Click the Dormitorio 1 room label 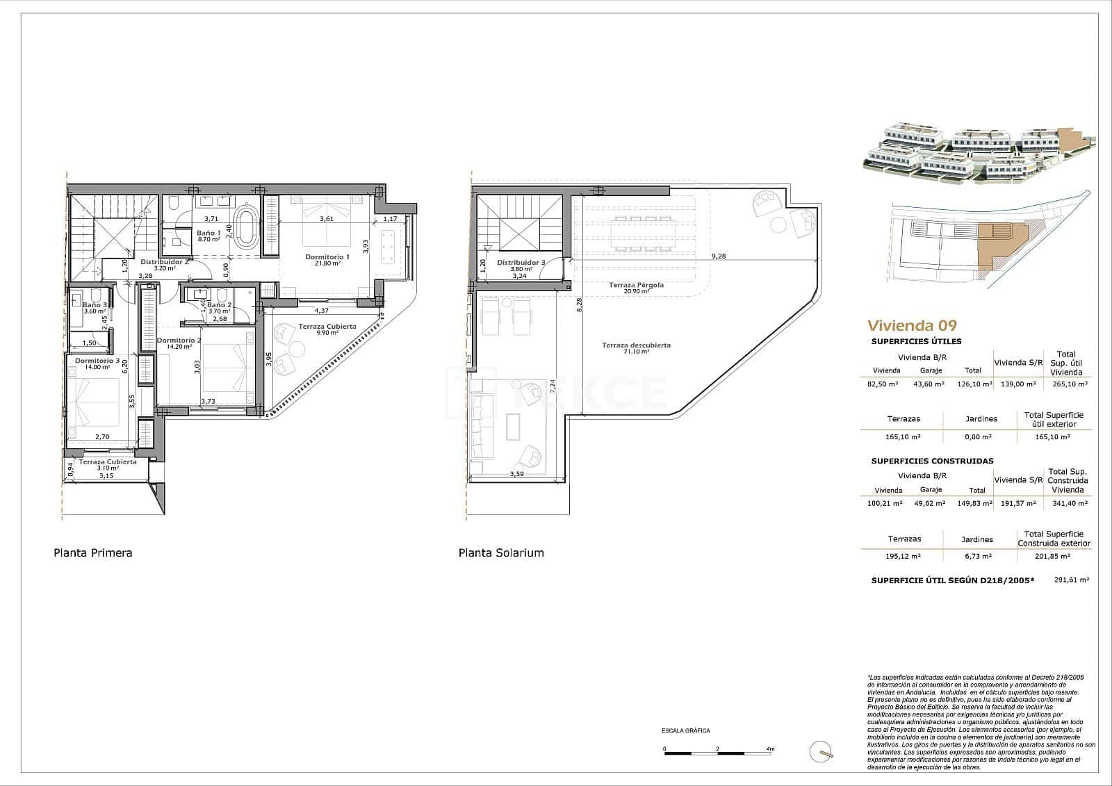click(327, 256)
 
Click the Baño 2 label click(219, 304)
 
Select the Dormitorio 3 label click(97, 361)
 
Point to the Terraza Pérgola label click(636, 285)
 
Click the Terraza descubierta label click(636, 345)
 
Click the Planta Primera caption click(92, 553)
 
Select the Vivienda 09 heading click(912, 325)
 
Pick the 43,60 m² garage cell click(930, 384)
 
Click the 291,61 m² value click(1071, 579)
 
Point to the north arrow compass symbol click(821, 751)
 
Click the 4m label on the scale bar click(769, 749)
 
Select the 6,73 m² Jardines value click(976, 556)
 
